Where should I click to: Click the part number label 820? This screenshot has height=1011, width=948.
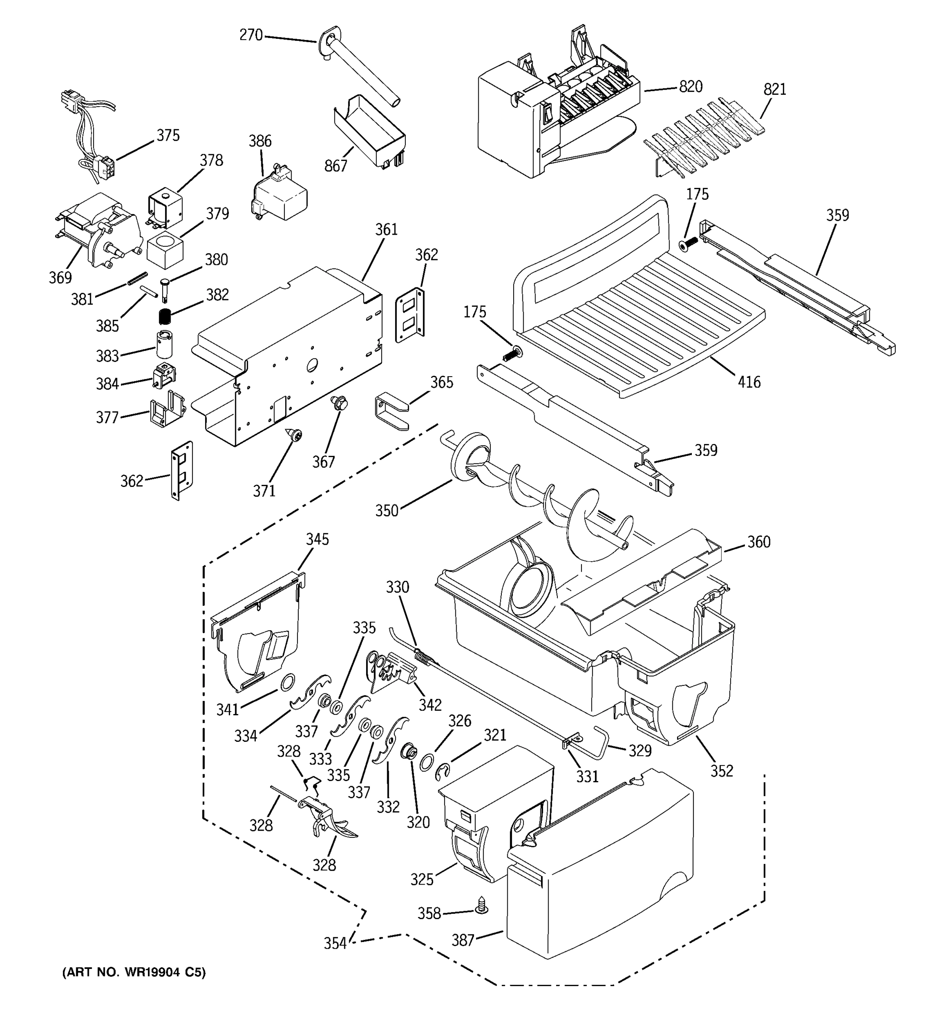point(691,87)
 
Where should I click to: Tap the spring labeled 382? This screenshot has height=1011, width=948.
point(164,316)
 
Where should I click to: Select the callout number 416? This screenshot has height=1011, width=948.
point(749,382)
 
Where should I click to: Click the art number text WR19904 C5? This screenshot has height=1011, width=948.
point(134,973)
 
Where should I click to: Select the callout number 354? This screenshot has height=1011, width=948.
point(335,943)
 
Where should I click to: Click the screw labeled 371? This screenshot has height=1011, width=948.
point(295,435)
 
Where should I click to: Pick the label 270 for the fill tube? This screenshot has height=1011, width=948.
point(251,35)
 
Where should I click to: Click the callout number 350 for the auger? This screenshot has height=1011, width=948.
point(386,511)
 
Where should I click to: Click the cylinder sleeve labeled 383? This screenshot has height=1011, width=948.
point(164,344)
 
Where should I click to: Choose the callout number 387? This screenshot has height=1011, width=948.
point(463,940)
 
